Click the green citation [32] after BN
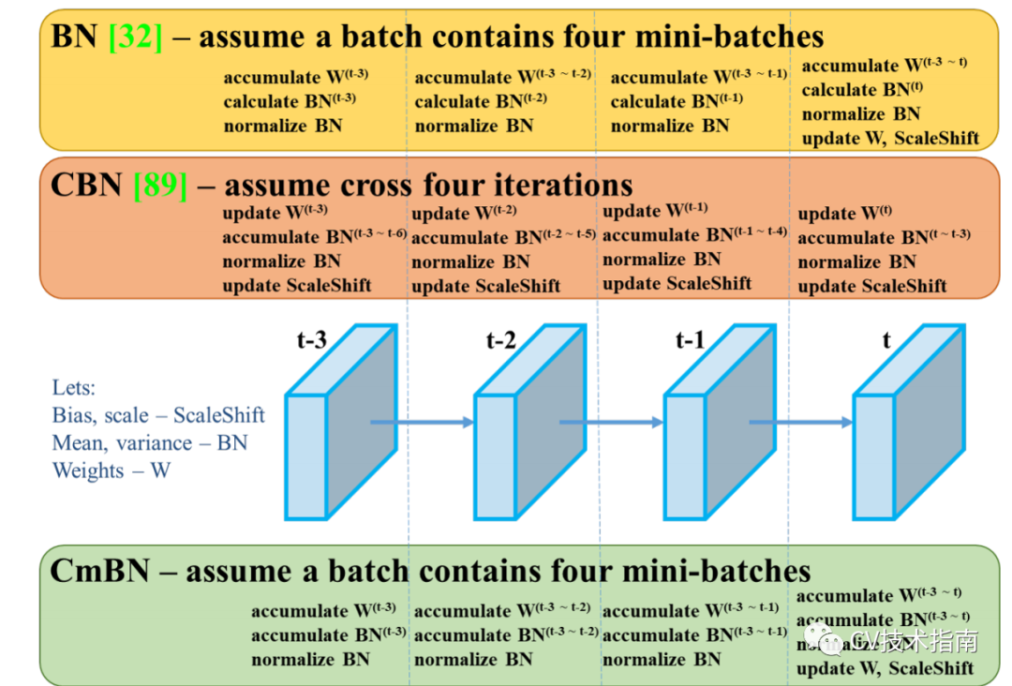(136, 37)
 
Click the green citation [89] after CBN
(160, 185)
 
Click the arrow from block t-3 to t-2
(422, 423)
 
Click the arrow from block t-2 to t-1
(612, 423)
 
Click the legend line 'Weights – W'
(112, 470)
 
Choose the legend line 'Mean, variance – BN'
(150, 442)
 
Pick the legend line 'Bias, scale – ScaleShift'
(158, 414)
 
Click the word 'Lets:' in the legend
(74, 387)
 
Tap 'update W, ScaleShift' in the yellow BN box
(890, 139)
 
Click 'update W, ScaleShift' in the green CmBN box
(885, 668)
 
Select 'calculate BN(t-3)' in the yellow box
(289, 101)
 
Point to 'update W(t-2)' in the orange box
(464, 213)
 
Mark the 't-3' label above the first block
(311, 340)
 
